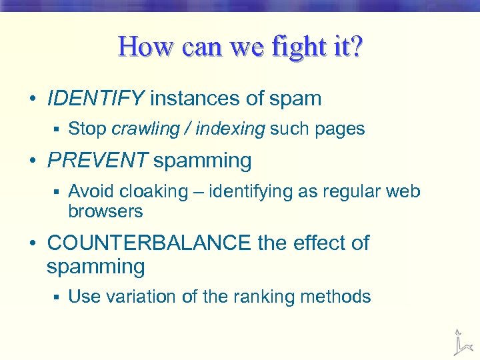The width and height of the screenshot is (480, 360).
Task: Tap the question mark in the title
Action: click(355, 48)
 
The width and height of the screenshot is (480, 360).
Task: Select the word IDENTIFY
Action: click(95, 99)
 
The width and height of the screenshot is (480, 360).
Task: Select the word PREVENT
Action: click(97, 161)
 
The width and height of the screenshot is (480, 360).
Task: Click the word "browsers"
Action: click(105, 212)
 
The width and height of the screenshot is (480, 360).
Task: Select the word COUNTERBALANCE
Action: click(149, 243)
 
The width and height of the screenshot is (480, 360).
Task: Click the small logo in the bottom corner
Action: click(459, 341)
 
